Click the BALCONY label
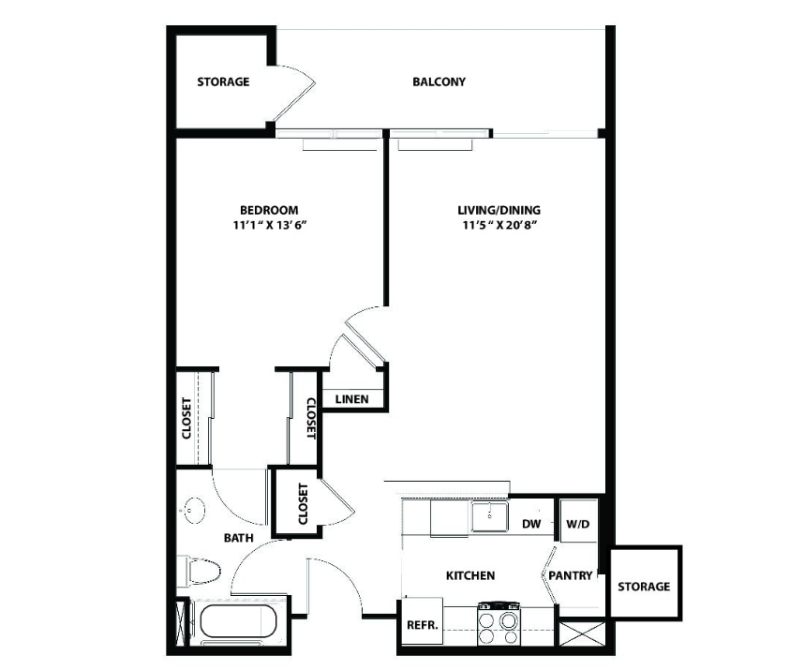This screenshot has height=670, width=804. click(439, 82)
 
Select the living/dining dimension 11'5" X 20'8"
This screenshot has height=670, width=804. click(499, 225)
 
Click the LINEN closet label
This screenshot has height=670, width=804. click(351, 399)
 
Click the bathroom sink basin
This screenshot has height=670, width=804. click(194, 511)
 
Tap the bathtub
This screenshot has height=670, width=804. click(238, 621)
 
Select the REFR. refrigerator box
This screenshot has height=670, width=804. click(422, 620)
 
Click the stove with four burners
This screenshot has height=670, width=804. click(499, 624)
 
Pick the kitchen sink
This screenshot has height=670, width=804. click(490, 516)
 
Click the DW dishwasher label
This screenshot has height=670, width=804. click(531, 524)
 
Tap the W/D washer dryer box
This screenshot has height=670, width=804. click(578, 520)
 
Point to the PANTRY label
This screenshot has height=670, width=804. click(570, 575)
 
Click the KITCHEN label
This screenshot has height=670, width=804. click(470, 575)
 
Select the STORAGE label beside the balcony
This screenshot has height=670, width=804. click(224, 82)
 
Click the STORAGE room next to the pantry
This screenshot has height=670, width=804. click(645, 584)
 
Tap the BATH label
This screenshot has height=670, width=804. click(238, 538)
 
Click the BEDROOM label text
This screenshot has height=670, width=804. click(269, 210)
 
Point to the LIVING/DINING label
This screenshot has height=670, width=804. click(499, 210)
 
